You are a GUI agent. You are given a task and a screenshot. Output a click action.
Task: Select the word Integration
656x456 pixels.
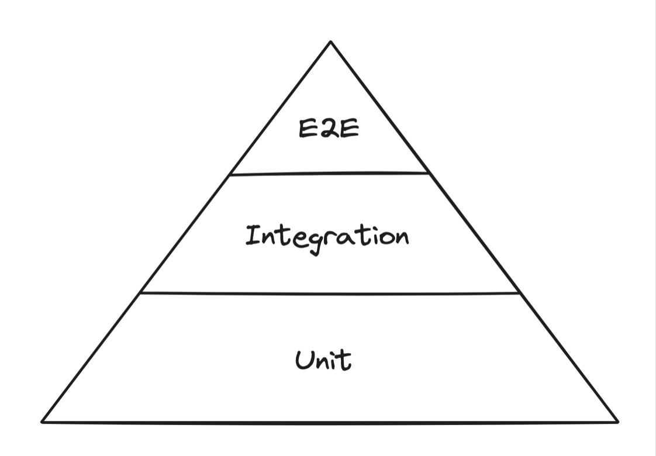click(x=327, y=237)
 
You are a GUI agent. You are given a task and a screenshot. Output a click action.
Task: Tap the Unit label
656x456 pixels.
click(x=323, y=360)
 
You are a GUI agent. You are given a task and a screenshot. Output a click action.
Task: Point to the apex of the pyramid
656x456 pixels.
click(x=330, y=42)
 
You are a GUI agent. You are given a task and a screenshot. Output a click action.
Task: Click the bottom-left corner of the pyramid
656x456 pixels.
click(x=42, y=421)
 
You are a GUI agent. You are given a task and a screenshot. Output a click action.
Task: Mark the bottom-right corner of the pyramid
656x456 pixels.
click(x=617, y=421)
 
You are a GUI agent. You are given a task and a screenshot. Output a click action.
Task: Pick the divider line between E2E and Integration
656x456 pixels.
click(x=330, y=174)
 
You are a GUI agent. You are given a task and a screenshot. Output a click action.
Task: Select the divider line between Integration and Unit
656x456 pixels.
click(x=330, y=293)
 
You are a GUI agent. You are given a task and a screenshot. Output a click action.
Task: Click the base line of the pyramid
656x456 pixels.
click(x=330, y=422)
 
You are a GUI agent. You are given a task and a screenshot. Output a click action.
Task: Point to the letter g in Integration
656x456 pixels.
click(x=313, y=243)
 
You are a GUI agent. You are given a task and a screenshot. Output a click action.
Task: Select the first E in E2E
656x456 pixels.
click(x=308, y=128)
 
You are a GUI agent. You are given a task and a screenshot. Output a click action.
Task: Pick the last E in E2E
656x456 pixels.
click(x=348, y=128)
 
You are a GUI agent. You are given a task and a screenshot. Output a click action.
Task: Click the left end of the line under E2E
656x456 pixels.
click(x=232, y=174)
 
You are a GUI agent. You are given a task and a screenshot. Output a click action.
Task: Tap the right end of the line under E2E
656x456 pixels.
click(x=429, y=173)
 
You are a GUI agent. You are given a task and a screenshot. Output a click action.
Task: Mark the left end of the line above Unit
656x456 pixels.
click(x=140, y=293)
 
